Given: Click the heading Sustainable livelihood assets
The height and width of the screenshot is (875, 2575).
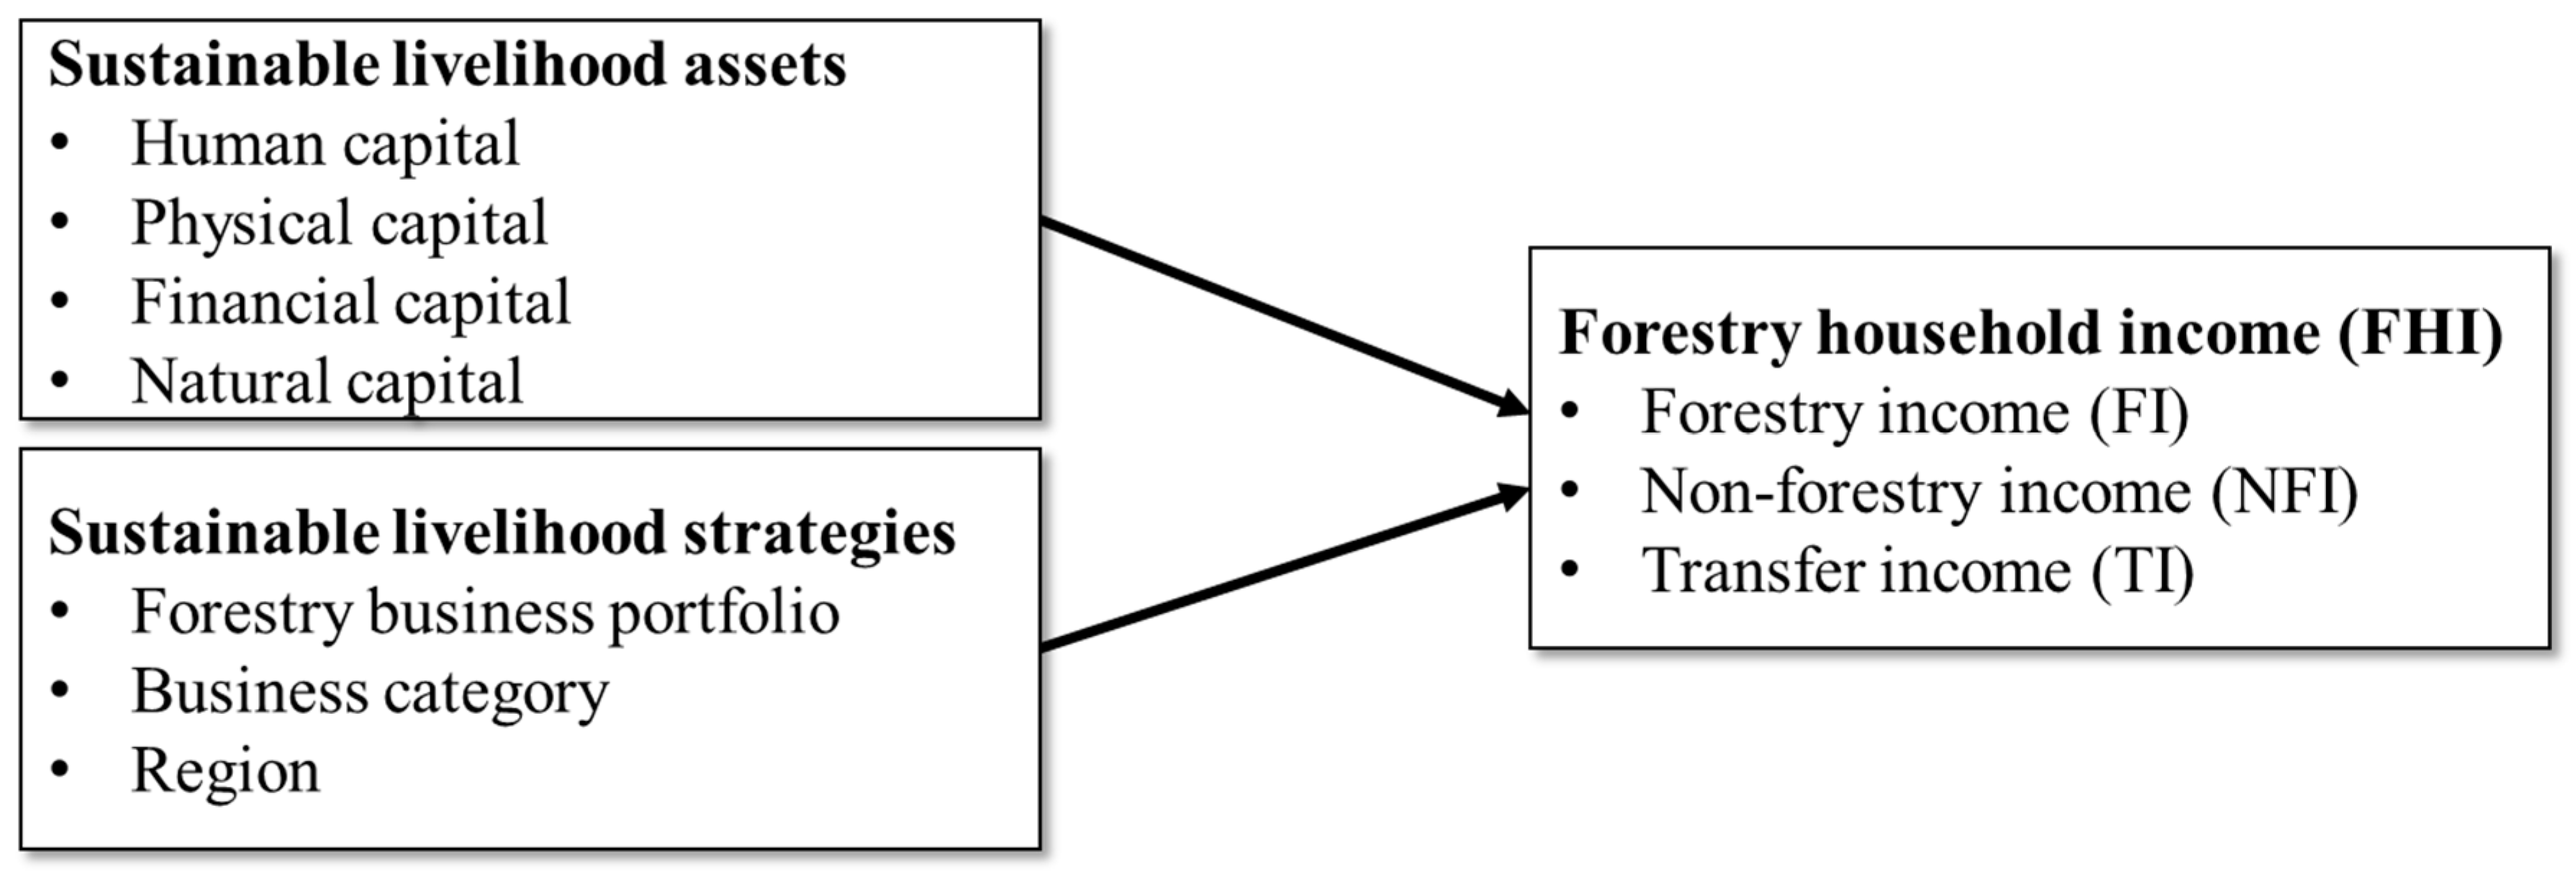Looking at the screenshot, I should point(447,66).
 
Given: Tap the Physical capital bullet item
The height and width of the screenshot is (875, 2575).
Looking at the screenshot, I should point(339,223).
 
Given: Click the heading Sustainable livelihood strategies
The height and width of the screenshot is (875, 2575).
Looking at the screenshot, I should point(502,533).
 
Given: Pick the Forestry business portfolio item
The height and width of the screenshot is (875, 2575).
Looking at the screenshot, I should point(485,612).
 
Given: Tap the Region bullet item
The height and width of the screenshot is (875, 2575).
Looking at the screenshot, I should point(226,771).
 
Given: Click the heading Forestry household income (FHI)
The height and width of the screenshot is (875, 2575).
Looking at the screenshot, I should point(2030,333).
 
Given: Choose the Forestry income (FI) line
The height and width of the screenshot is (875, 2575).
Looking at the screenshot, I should point(1914,412).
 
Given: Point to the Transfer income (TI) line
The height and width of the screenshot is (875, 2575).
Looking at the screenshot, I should point(1917,571).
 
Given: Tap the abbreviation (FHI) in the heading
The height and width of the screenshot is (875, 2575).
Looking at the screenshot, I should point(2419,333).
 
